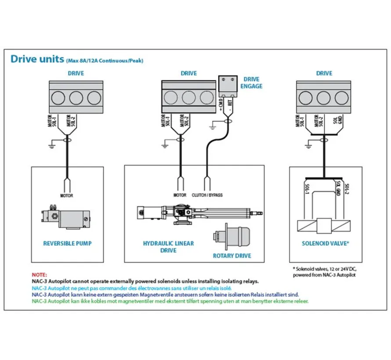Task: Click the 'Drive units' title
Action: [x=37, y=59]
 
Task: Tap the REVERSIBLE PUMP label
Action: [x=67, y=243]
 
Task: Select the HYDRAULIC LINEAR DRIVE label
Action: [x=168, y=247]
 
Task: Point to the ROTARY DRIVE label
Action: [x=232, y=256]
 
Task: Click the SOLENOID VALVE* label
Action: [x=326, y=243]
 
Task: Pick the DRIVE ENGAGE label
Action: [x=251, y=83]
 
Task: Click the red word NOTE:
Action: [x=40, y=275]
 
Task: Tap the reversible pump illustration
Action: [x=66, y=216]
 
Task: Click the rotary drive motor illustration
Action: [x=232, y=237]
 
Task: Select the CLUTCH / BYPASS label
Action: [x=207, y=195]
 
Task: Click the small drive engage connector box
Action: [x=228, y=86]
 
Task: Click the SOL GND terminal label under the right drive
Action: [x=338, y=120]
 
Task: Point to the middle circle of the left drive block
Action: [x=76, y=97]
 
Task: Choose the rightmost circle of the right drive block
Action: [x=342, y=97]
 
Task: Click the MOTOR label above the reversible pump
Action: [x=67, y=195]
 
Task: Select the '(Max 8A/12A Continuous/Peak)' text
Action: [x=105, y=61]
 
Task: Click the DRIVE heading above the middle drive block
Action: [x=189, y=73]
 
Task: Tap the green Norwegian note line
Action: [x=170, y=301]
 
